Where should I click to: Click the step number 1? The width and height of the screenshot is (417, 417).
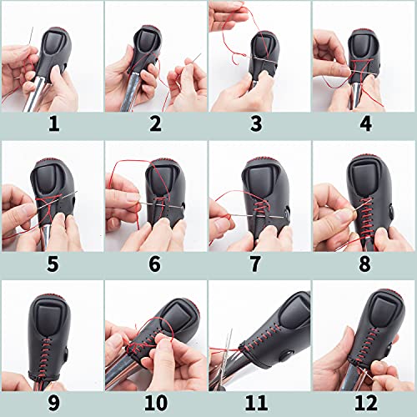click(x=52, y=126)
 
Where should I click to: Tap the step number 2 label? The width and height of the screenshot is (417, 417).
click(x=155, y=126)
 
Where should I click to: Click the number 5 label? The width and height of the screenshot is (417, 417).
click(x=52, y=266)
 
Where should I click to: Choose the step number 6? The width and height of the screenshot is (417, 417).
click(x=155, y=266)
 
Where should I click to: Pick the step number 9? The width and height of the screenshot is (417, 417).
click(x=52, y=404)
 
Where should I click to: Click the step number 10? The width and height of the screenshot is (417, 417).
click(x=155, y=404)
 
